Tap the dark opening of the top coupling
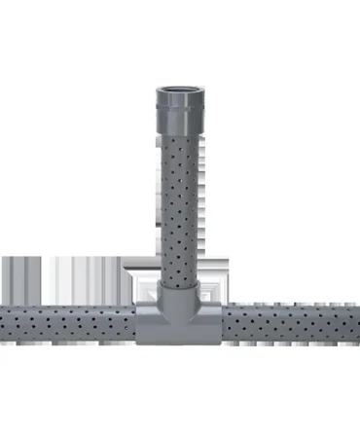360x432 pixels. (x=180, y=90)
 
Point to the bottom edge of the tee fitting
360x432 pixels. (x=180, y=342)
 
